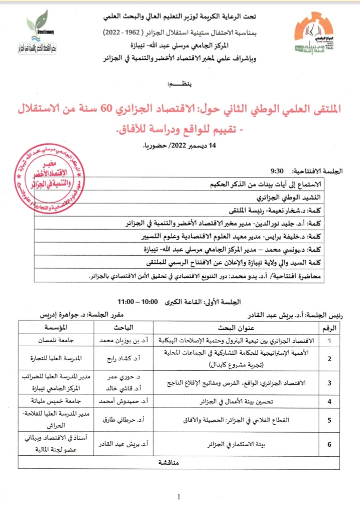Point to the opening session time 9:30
click(277, 170)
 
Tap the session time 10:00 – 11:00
click(133, 302)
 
